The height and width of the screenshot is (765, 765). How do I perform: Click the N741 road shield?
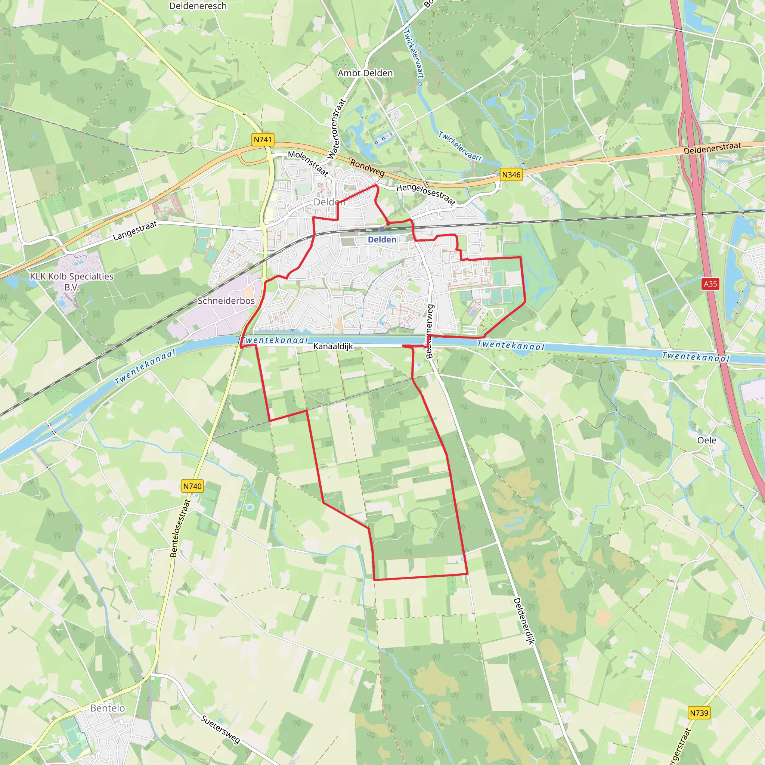click(x=263, y=139)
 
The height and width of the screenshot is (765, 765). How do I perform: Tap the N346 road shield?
click(x=511, y=174)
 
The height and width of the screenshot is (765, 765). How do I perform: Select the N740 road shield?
click(x=192, y=486)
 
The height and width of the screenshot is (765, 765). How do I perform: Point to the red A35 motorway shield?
click(x=710, y=284)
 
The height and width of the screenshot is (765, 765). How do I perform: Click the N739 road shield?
click(x=699, y=713)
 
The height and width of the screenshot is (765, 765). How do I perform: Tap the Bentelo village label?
click(x=107, y=708)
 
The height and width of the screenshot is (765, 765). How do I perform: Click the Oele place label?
click(x=707, y=440)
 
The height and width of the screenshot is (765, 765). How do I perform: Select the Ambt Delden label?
click(x=365, y=73)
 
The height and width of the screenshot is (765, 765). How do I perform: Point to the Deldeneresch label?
click(x=198, y=6)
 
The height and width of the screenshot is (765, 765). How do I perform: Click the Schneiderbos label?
click(x=226, y=301)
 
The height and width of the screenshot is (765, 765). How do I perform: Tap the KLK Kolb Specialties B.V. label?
click(x=72, y=282)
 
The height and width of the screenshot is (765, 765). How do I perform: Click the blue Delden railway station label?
click(x=382, y=239)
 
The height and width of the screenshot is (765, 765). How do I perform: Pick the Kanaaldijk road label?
click(x=333, y=347)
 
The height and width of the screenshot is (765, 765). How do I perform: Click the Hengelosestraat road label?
click(x=426, y=194)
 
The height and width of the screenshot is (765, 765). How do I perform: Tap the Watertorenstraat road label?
click(x=337, y=129)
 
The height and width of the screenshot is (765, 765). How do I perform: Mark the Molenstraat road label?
click(x=308, y=163)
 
